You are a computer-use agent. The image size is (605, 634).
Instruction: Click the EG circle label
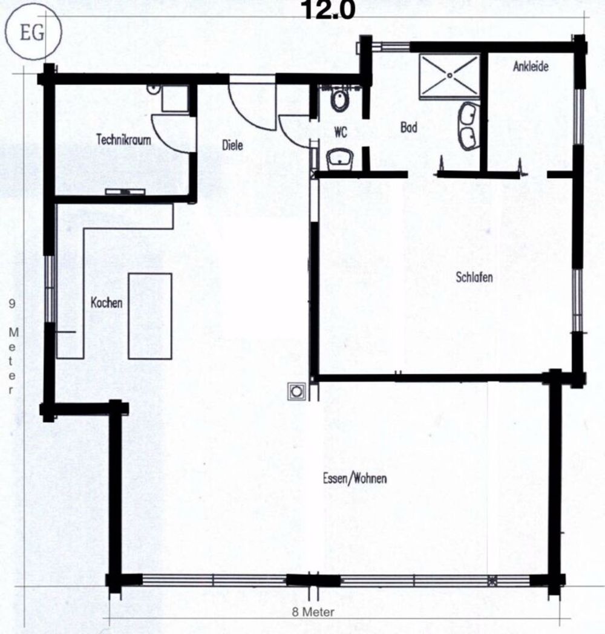32,34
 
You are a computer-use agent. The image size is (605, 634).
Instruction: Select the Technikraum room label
123,139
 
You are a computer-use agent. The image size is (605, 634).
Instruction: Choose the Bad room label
409,128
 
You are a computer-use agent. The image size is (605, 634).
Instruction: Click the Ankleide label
531,67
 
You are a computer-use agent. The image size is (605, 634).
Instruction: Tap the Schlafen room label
474,278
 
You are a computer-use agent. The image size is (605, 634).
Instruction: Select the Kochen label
106,303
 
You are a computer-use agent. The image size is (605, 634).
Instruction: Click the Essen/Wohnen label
355,478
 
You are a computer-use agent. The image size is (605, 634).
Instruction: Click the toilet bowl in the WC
340,100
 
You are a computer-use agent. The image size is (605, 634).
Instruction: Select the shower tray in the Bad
450,74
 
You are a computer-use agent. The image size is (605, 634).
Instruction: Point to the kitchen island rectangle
150,315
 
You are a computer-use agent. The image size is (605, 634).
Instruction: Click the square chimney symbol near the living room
296,391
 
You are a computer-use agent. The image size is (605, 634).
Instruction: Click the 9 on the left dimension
12,305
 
